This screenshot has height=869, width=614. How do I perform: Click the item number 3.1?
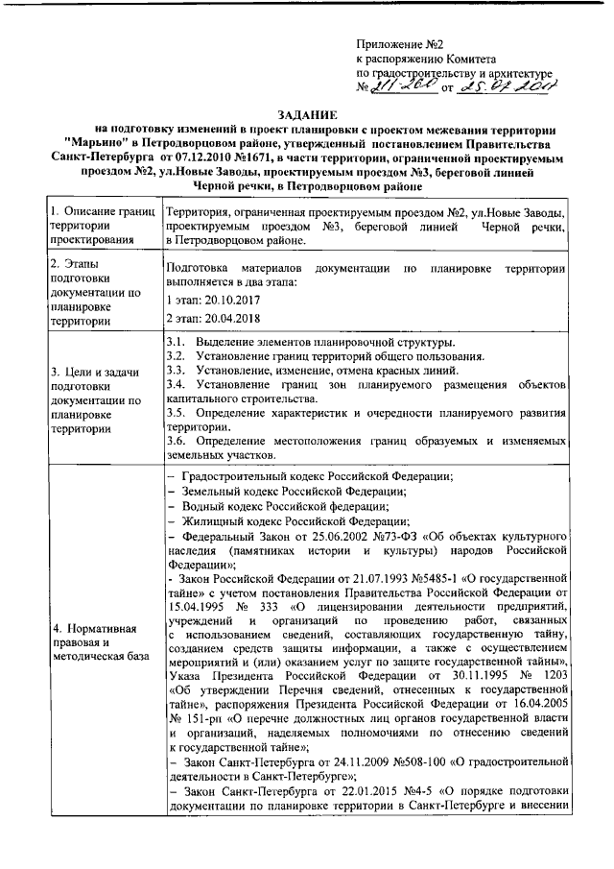[176, 344]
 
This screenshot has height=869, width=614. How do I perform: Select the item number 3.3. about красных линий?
[176, 370]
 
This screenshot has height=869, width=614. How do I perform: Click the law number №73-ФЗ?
[375, 534]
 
